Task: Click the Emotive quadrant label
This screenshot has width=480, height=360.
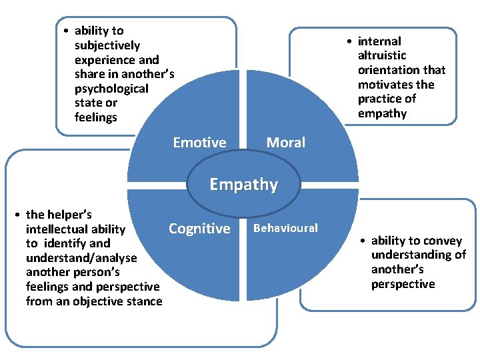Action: (x=199, y=142)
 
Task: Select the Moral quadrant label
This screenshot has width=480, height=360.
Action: (x=285, y=142)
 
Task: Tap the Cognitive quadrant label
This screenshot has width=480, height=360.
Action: (x=199, y=229)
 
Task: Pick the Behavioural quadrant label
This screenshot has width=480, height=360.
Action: (x=286, y=228)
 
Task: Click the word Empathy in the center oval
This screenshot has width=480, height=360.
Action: (x=243, y=185)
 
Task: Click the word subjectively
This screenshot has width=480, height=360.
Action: (x=107, y=45)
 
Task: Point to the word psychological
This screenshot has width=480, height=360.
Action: (x=111, y=89)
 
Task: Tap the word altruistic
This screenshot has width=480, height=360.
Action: (x=382, y=55)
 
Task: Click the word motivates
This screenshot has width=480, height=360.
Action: (x=387, y=85)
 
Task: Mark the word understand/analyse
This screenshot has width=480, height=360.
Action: (x=81, y=258)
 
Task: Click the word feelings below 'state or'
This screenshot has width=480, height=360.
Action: (x=96, y=117)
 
